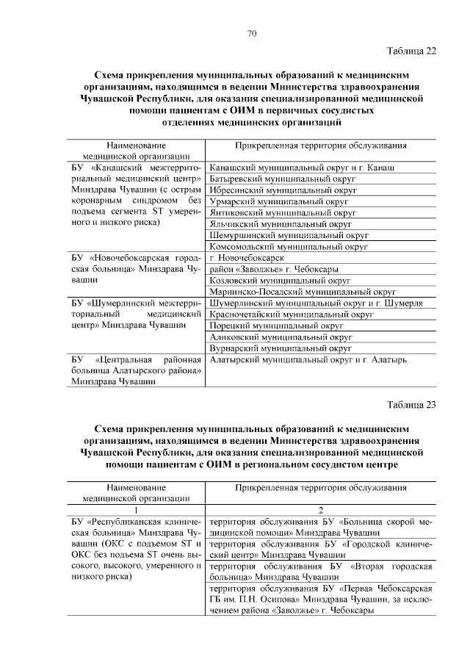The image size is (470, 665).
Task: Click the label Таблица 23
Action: click(x=411, y=404)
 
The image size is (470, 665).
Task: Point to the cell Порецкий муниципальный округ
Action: click(x=277, y=326)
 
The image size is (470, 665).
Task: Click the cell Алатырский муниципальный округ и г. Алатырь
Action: click(x=308, y=360)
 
